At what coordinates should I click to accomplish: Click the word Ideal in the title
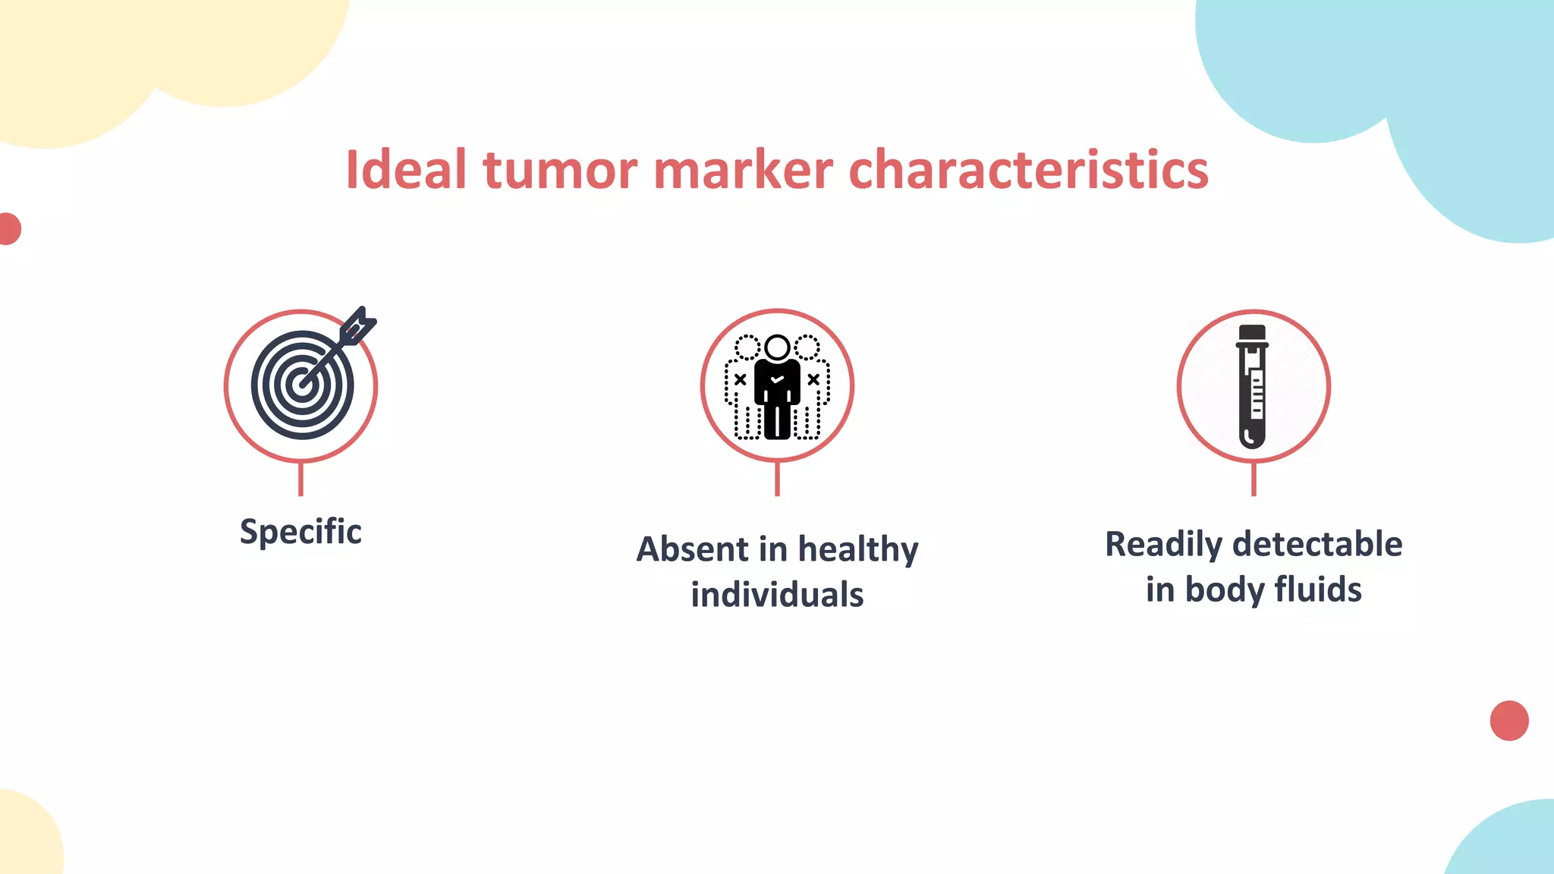405,169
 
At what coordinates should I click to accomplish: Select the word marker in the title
743,169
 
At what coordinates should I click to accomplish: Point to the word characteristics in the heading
1028,169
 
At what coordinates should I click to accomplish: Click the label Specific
300,531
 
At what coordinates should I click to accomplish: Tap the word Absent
693,549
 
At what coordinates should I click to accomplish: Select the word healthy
857,550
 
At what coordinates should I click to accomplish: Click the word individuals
777,594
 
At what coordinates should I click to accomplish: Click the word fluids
1318,589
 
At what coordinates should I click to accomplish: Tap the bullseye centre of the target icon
303,385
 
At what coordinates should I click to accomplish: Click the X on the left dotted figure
740,379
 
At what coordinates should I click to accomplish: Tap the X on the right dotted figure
813,379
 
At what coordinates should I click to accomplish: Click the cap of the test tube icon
1252,335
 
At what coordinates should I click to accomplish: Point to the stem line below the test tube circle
1254,479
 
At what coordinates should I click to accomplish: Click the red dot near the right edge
1508,721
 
